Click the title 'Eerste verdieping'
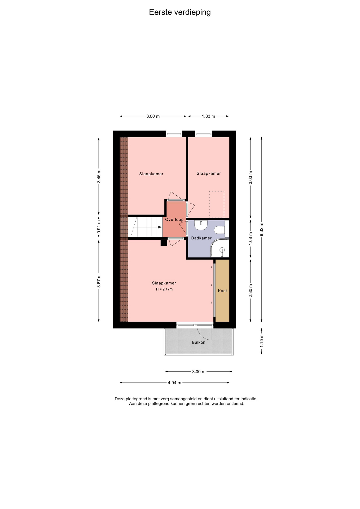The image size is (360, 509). pos(180,12)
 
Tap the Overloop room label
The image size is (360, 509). pos(174,220)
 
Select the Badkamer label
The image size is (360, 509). pos(201,238)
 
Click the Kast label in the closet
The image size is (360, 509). pos(222,291)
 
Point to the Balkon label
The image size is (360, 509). pos(199,342)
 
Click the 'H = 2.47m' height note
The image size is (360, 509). pos(164,289)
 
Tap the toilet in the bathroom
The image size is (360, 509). pos(219,230)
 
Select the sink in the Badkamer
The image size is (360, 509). pos(201,225)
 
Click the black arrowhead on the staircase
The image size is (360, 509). pos(160,227)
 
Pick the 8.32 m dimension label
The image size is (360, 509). pos(261,230)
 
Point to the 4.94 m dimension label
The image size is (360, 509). pos(174,383)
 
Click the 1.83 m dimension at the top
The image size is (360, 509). pos(208,116)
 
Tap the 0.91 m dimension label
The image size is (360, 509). pos(99,227)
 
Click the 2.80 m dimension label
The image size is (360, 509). pos(251,291)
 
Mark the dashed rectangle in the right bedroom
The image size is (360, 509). pos(217,204)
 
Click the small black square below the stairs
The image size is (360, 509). pos(164,243)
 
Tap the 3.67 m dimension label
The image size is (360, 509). pos(99,281)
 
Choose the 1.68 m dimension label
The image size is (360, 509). pos(251,238)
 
